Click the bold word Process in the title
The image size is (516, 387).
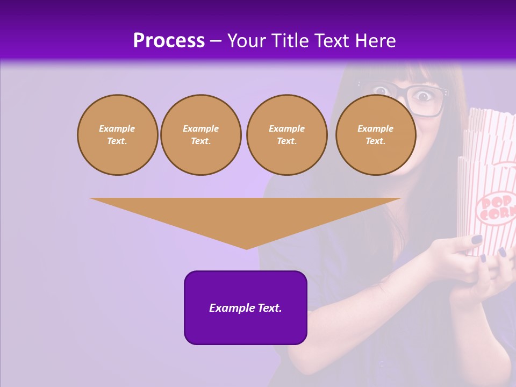[x=169, y=41]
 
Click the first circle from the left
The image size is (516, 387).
[x=117, y=135]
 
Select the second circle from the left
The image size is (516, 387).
[x=201, y=135]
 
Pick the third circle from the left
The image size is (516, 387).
[x=286, y=135]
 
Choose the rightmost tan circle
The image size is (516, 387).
[x=375, y=135]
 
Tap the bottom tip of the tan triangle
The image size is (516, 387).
[x=246, y=248]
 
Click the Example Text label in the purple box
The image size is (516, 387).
[x=246, y=308]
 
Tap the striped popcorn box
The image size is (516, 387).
[x=489, y=177]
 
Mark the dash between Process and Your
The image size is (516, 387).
[x=216, y=41]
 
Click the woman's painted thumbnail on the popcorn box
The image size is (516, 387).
[x=477, y=240]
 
